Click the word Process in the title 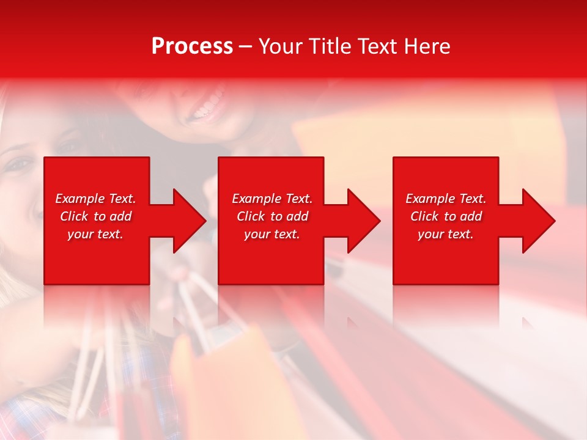point(192,46)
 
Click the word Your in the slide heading point(281,46)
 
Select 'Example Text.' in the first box point(95,199)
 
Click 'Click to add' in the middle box point(272,216)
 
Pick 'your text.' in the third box point(446,234)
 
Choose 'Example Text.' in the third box point(446,199)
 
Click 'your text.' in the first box point(95,234)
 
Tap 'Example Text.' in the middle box point(272,199)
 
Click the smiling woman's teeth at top point(205,112)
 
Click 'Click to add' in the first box point(95,216)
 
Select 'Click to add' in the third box point(446,216)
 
